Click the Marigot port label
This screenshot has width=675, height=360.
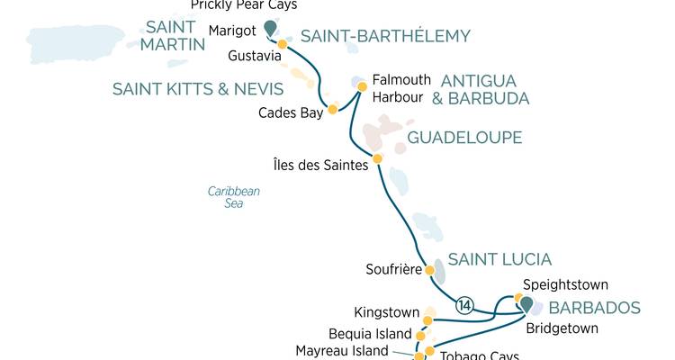(x=232, y=31)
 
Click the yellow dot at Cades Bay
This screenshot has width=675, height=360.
(x=332, y=110)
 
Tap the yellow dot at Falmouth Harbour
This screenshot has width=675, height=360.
(x=362, y=87)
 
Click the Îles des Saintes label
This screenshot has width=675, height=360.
(x=321, y=164)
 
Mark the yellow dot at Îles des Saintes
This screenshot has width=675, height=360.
(x=377, y=158)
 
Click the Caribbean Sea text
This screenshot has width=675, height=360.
(x=233, y=197)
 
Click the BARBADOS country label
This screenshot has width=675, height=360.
(x=594, y=308)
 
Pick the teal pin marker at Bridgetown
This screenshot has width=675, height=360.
(x=525, y=305)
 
